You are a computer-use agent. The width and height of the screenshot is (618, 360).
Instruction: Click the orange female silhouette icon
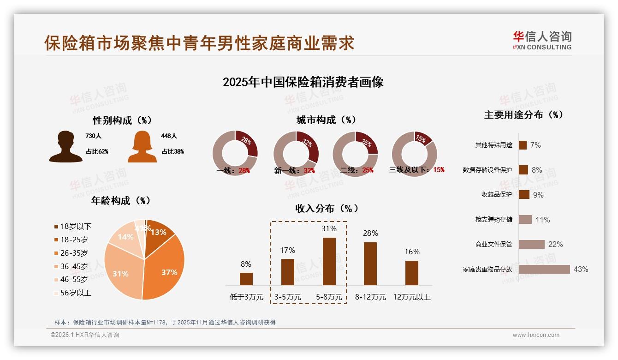(x=142, y=147)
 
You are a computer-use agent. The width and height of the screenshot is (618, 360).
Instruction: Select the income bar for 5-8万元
(x=329, y=261)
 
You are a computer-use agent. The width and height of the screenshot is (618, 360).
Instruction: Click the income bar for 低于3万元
(x=246, y=279)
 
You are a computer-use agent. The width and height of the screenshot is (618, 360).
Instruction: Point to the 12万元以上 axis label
(x=411, y=297)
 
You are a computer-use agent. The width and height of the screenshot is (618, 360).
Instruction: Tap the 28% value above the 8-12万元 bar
(x=370, y=234)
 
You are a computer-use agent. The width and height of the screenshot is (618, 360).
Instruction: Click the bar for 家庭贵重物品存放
(x=544, y=269)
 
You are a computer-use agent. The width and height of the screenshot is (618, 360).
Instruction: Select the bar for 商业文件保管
(x=531, y=244)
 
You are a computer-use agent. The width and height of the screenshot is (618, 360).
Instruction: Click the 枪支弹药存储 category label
(x=493, y=219)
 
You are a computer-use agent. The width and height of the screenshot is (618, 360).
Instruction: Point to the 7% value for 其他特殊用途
(x=535, y=145)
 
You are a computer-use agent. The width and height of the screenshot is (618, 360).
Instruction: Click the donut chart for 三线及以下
(x=414, y=153)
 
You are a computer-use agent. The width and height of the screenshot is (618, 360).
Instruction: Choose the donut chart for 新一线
(x=296, y=154)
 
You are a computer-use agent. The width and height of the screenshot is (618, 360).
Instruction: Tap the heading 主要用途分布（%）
(x=523, y=115)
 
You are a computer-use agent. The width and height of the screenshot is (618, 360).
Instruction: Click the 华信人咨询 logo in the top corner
(x=542, y=40)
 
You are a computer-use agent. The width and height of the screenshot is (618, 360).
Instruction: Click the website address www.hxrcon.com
(x=536, y=335)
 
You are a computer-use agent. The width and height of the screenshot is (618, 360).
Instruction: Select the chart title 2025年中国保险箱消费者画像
(x=303, y=83)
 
